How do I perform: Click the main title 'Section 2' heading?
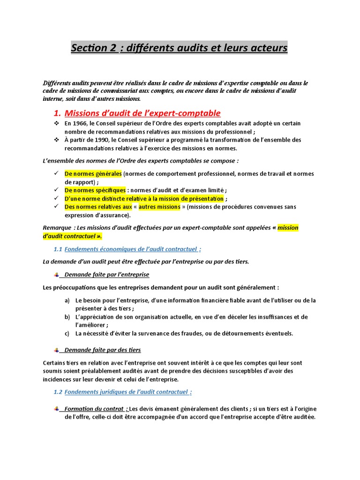pyautogui.click(x=179, y=48)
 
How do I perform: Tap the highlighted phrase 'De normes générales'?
pyautogui.click(x=93, y=174)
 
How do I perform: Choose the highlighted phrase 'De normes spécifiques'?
pyautogui.click(x=95, y=190)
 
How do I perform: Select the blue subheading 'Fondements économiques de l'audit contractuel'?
pyautogui.click(x=133, y=249)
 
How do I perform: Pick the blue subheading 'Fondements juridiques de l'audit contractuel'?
pyautogui.click(x=128, y=392)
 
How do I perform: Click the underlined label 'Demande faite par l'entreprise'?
pyautogui.click(x=106, y=274)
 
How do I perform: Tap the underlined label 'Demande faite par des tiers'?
pyautogui.click(x=102, y=350)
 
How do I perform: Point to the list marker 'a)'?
pyautogui.click(x=67, y=300)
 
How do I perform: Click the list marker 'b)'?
pyautogui.click(x=67, y=317)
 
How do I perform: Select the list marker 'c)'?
pyautogui.click(x=67, y=333)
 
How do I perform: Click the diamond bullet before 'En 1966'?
pyautogui.click(x=56, y=123)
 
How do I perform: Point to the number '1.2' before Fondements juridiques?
pyautogui.click(x=58, y=392)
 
